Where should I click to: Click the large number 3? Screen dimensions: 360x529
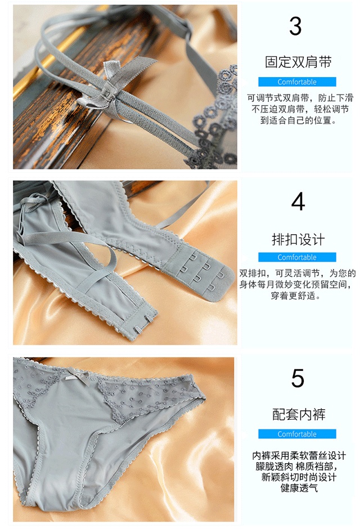pos(295,26)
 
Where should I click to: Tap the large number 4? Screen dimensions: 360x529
pos(298,201)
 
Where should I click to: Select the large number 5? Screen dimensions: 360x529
pos(298,378)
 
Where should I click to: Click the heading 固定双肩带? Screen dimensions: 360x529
pos(298,62)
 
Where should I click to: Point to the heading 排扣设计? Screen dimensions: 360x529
pos(298,239)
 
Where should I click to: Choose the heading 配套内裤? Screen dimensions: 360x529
pos(299,415)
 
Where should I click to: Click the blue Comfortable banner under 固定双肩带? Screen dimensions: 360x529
pos(297,82)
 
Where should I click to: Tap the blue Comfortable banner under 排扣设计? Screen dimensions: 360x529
pos(297,257)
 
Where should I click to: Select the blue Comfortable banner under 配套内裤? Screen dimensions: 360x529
pos(297,434)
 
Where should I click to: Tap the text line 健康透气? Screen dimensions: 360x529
pos(299,487)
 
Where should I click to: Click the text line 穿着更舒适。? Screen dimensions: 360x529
pos(295,295)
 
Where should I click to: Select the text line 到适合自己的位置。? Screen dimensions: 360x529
pos(299,120)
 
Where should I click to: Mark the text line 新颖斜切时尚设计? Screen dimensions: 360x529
pos(299,477)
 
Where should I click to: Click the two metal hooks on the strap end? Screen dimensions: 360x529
pos(143,329)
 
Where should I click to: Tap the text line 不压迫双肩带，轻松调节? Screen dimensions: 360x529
pos(300,109)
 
